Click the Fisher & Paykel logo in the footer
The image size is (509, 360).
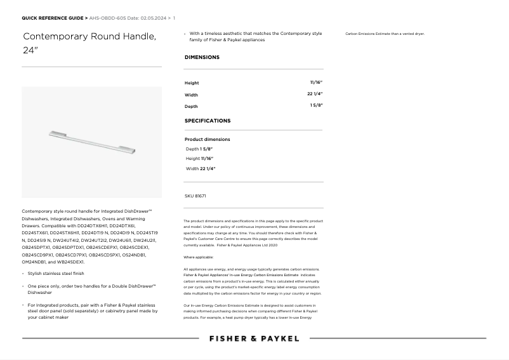point(254,338)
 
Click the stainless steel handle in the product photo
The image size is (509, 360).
point(93,142)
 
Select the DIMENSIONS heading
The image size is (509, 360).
point(202,57)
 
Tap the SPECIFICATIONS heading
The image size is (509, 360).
point(208,121)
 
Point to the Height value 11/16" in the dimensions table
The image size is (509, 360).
point(316,83)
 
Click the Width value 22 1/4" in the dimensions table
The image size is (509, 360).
point(315,94)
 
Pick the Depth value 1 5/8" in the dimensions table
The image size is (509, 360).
point(316,105)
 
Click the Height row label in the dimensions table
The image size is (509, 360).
point(192,83)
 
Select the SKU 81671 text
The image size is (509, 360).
point(195,196)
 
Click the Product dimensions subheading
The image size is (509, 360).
point(208,139)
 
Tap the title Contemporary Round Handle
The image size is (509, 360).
point(89,36)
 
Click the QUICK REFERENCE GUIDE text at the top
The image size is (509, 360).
point(54,18)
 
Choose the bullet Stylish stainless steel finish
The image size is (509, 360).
point(56,274)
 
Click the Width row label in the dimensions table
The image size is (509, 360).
point(191,95)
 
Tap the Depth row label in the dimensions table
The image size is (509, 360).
point(191,106)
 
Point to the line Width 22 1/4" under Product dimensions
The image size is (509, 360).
point(201,169)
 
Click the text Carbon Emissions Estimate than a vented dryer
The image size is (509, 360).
point(385,34)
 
